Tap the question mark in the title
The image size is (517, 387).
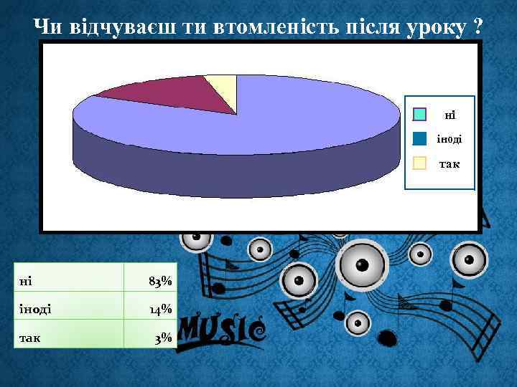[478, 27]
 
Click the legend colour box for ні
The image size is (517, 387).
[420, 115]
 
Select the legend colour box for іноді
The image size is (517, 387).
[420, 138]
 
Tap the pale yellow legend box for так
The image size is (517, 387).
[420, 163]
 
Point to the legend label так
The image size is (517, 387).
[450, 163]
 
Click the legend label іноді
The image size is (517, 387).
[450, 139]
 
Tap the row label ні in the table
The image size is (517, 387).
[27, 281]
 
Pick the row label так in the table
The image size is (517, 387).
[29, 337]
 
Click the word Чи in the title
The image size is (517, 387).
[50, 27]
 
